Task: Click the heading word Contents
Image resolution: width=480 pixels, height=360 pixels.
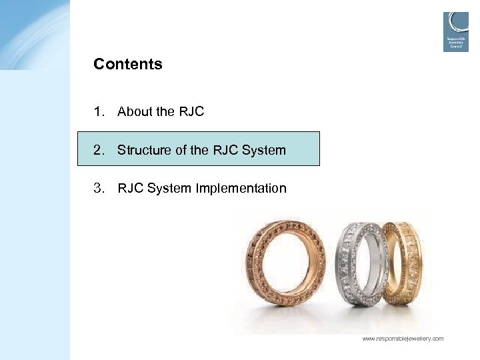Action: (x=128, y=65)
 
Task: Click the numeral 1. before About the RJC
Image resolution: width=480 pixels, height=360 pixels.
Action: (x=100, y=112)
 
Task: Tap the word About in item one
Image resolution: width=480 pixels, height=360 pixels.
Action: (x=135, y=112)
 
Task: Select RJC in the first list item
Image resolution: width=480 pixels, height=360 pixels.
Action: (x=191, y=112)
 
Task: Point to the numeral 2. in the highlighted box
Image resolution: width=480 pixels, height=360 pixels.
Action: (x=100, y=150)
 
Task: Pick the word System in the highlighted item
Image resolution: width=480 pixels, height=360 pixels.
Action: (x=264, y=150)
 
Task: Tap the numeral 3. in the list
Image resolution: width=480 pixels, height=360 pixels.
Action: (x=100, y=189)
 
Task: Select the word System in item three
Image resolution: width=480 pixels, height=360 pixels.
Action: (x=169, y=189)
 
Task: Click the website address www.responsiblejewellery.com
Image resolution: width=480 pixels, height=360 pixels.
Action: (x=403, y=339)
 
